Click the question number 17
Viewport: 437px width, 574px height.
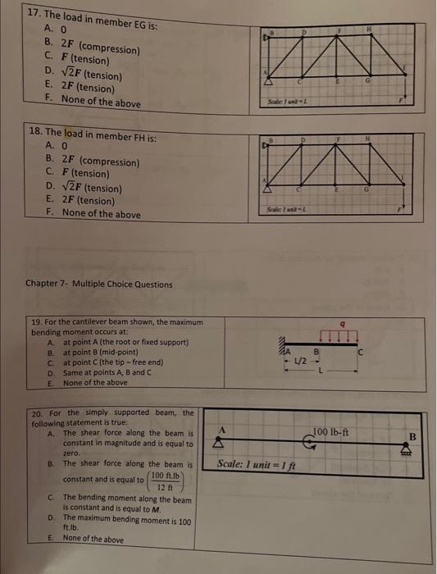tap(33, 14)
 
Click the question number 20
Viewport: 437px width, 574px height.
tap(35, 412)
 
